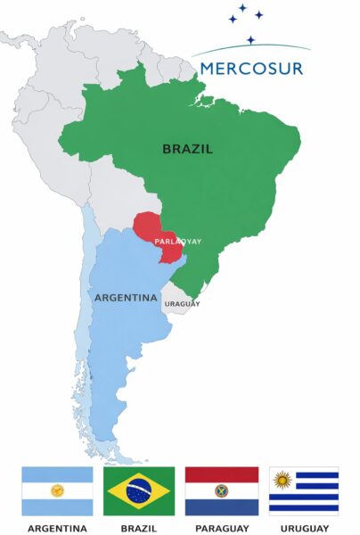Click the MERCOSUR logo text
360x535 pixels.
(252, 68)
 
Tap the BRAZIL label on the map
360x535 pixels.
(187, 149)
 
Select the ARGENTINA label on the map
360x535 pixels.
(126, 297)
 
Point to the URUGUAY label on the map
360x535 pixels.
(181, 304)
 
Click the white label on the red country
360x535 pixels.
(159, 241)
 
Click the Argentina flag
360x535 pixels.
(57, 490)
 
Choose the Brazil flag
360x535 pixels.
(139, 490)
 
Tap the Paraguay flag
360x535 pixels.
(222, 490)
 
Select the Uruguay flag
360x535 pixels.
(304, 490)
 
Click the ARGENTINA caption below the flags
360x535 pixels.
(57, 527)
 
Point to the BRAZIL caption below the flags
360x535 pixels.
(139, 527)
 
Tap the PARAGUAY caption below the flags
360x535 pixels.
(222, 527)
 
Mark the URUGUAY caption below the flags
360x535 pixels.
(304, 527)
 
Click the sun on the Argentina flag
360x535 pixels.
(57, 490)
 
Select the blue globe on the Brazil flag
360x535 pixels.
(139, 490)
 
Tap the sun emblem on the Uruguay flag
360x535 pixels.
(282, 481)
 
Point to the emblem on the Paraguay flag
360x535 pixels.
(222, 490)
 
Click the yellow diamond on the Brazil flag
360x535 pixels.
(121, 490)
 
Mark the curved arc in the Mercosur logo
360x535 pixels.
(252, 46)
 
